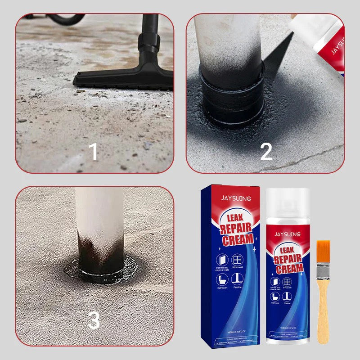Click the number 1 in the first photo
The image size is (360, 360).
[93, 152]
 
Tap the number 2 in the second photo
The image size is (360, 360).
[266, 152]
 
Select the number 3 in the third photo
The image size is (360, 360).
[94, 321]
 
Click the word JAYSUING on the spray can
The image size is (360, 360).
[288, 234]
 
